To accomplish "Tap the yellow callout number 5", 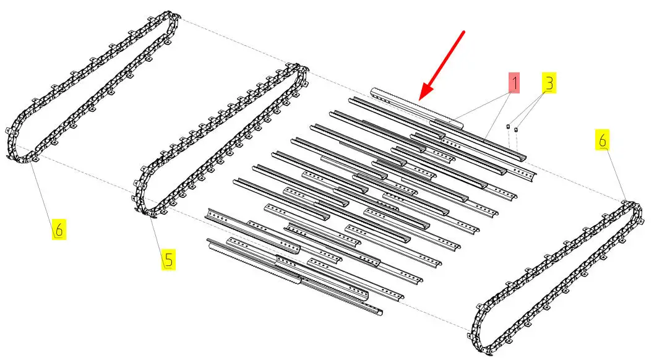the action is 168,259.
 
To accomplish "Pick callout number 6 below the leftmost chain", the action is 59,230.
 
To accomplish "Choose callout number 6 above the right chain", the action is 602,140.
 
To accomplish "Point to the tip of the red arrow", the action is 420,99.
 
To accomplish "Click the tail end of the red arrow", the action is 464,31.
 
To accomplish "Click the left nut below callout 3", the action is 507,126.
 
